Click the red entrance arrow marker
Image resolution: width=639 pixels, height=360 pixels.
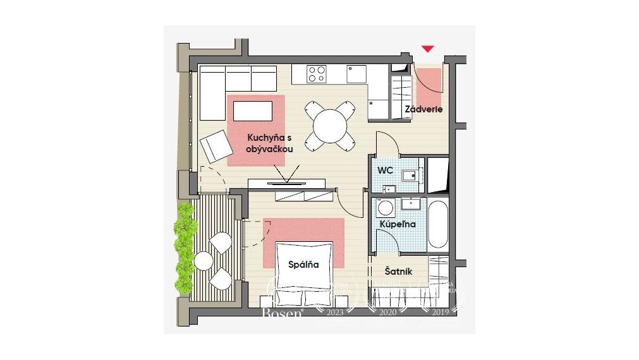(x=429, y=49)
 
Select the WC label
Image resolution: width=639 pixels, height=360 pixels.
(x=386, y=171)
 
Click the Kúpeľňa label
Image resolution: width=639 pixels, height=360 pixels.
(x=398, y=224)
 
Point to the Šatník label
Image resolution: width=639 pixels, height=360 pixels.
(x=399, y=271)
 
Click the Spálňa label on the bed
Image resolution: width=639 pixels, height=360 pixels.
(x=303, y=265)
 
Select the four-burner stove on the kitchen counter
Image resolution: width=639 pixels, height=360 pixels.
(x=317, y=74)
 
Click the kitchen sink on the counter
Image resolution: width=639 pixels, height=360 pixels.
(x=357, y=74)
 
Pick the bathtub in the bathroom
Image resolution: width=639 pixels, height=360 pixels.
(x=438, y=225)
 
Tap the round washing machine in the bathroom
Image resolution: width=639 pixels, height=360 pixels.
(x=384, y=208)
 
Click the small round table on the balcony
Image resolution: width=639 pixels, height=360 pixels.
(x=204, y=260)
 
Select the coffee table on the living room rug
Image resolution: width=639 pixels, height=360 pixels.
(x=253, y=111)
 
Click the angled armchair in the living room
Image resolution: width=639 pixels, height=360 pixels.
(x=216, y=146)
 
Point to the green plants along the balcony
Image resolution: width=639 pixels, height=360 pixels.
(x=185, y=246)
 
